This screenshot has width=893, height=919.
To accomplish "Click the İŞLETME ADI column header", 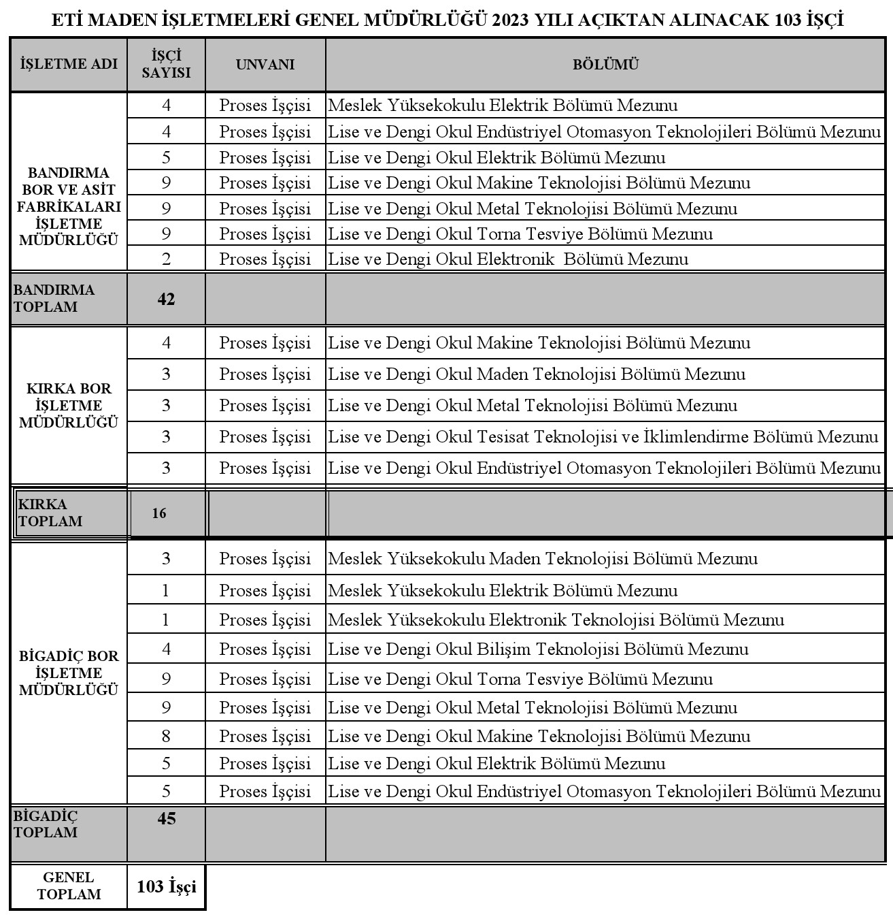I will (x=69, y=65).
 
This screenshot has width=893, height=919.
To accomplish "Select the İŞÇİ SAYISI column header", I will (x=166, y=64).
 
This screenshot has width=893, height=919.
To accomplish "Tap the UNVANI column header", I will (x=265, y=65).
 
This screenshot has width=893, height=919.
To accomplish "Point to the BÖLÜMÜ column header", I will (x=605, y=65).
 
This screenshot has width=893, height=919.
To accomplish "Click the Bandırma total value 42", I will (x=166, y=299).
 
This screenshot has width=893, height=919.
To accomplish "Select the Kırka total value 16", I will (x=159, y=513).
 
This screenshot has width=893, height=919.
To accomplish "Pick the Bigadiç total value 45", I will (x=167, y=818).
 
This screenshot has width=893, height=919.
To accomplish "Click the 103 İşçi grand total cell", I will (x=167, y=886).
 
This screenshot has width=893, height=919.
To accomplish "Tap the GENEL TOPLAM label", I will (x=69, y=886).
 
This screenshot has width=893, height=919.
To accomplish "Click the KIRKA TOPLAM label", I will (x=50, y=513).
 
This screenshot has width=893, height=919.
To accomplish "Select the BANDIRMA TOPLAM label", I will (x=54, y=298).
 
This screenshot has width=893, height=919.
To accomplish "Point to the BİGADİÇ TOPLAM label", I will (x=46, y=824).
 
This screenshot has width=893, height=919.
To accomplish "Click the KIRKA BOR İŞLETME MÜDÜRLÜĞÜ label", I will (x=69, y=406).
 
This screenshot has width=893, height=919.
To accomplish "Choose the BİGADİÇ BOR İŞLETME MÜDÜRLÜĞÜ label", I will (x=69, y=673).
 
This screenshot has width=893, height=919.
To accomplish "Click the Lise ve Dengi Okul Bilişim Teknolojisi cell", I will (x=538, y=649).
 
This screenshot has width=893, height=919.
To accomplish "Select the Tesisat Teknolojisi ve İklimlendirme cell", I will (x=603, y=437).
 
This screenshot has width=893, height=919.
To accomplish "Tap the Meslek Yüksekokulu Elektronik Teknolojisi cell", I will (x=556, y=620).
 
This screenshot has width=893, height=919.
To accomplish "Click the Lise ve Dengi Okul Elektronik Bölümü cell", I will (x=508, y=259).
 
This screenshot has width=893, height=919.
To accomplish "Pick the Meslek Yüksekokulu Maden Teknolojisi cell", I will (x=543, y=559).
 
